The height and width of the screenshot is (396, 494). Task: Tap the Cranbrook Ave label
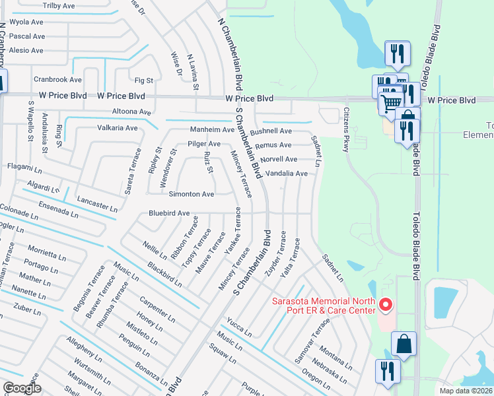coord(57,79)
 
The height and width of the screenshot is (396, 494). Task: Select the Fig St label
coord(143,81)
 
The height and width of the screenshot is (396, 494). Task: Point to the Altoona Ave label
coord(132,112)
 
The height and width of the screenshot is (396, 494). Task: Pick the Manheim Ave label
coord(212,129)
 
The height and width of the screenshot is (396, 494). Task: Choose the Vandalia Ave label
coord(286,174)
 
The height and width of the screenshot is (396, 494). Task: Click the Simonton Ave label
coord(191,195)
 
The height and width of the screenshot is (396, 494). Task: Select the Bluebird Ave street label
coord(169,214)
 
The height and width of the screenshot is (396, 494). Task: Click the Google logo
coord(22,388)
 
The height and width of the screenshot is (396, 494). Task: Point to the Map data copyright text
coord(466,391)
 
